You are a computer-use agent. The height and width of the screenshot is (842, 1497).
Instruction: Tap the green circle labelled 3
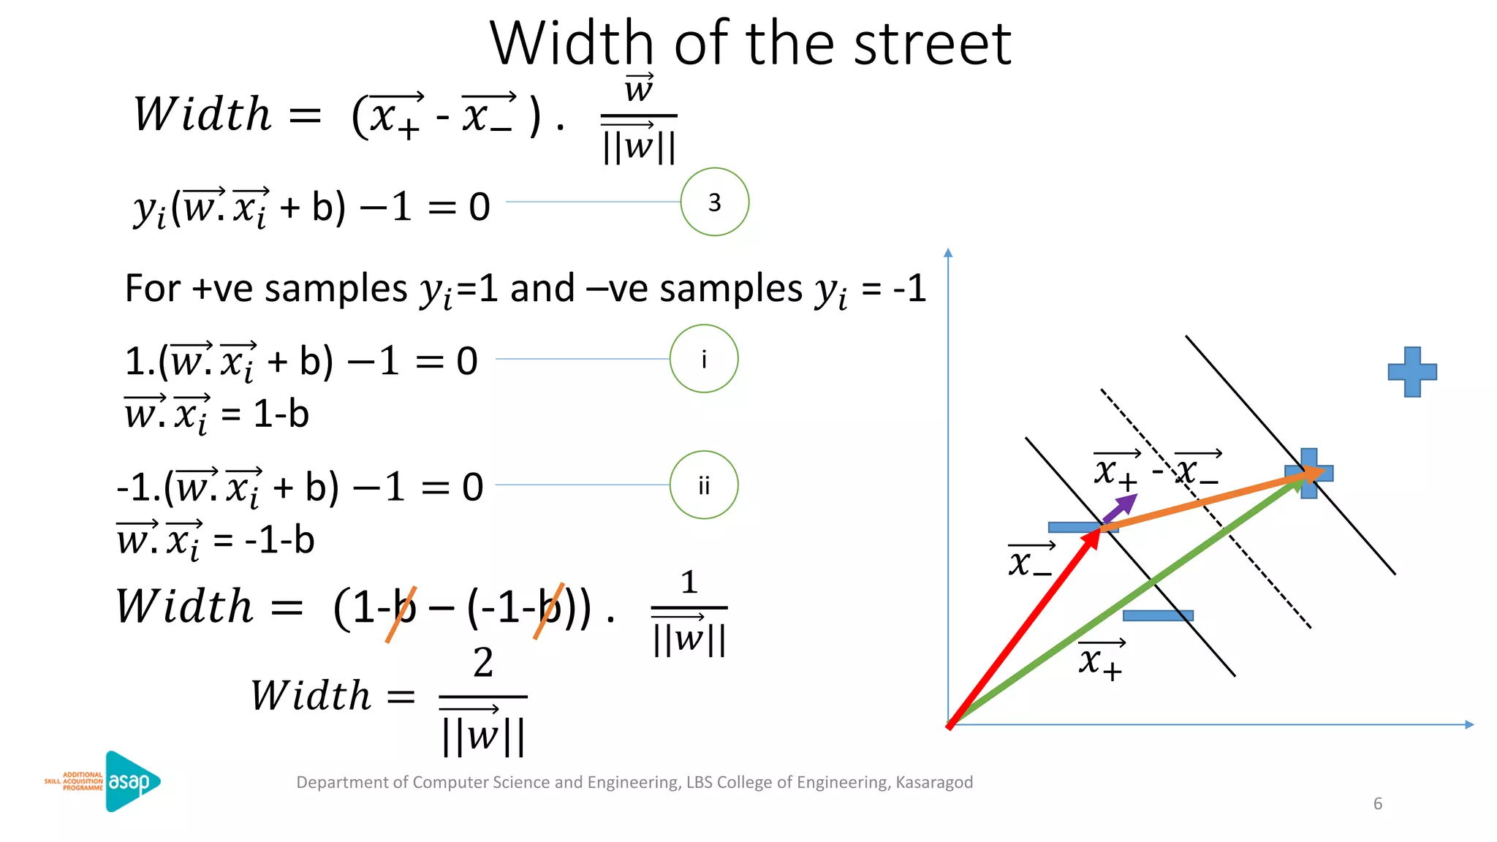714,202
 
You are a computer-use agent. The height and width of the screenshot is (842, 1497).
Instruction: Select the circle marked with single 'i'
703,359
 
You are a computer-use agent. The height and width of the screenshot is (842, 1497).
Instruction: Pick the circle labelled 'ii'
703,485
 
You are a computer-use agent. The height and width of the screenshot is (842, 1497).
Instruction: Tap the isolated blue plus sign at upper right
1412,372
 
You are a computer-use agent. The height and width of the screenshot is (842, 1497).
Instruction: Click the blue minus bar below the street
1158,615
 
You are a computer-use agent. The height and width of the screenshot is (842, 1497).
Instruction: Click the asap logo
132,781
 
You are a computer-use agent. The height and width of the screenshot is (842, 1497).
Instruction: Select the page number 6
1378,804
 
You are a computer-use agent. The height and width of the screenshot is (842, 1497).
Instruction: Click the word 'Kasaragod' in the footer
934,782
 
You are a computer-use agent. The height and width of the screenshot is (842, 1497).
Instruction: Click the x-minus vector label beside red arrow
1030,561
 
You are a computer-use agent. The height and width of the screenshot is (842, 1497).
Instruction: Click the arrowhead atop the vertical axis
948,253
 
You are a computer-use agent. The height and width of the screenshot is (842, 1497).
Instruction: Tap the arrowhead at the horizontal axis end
1469,724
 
